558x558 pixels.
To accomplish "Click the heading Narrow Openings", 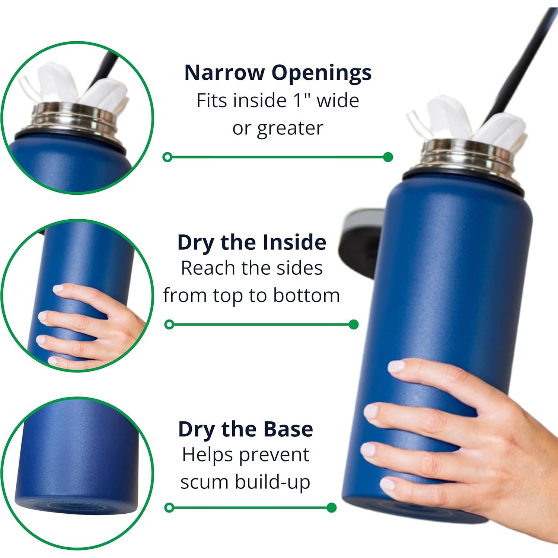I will tap(278, 72).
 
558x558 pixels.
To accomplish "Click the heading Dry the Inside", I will tap(252, 242).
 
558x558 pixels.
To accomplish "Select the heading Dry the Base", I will tap(245, 429).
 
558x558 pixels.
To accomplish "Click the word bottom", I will tap(306, 296).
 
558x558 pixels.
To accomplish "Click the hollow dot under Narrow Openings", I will tap(168, 157).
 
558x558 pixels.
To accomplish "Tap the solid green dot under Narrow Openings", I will tap(388, 157).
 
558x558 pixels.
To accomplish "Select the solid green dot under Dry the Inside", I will tap(354, 325).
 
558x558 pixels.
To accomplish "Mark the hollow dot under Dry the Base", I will tap(169, 507).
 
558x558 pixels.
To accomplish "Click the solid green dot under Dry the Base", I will tap(331, 507).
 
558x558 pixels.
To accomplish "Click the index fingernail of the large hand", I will tap(396, 367).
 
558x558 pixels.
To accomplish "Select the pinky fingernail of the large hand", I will tap(387, 484).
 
